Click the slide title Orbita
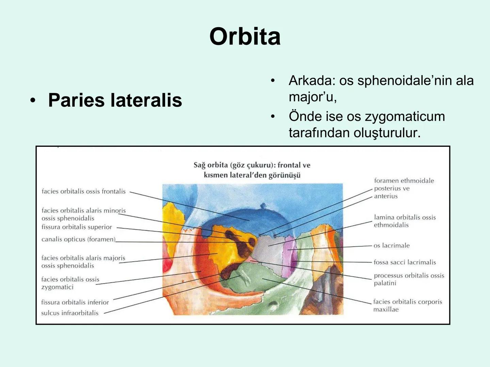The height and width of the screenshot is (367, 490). pyautogui.click(x=245, y=36)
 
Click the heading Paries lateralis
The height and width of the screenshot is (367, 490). pyautogui.click(x=115, y=100)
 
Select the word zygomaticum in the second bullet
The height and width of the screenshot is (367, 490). pyautogui.click(x=405, y=117)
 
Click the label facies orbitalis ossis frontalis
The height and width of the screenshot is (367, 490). pyautogui.click(x=83, y=192)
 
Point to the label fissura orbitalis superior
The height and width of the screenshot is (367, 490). pyautogui.click(x=77, y=227)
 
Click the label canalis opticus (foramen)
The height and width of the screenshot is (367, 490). pyautogui.click(x=78, y=240)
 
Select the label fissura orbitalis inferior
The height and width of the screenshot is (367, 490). pyautogui.click(x=75, y=302)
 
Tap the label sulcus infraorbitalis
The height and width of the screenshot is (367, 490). pyautogui.click(x=70, y=313)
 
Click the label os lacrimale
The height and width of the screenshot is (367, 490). pyautogui.click(x=391, y=246)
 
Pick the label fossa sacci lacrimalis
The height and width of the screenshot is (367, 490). pyautogui.click(x=405, y=262)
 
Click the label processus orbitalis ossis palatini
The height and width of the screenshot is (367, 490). pyautogui.click(x=409, y=279)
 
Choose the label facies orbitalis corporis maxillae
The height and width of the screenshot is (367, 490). pyautogui.click(x=407, y=305)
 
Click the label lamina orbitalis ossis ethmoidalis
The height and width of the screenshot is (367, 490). pyautogui.click(x=405, y=221)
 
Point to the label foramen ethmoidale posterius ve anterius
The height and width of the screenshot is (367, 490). pyautogui.click(x=404, y=188)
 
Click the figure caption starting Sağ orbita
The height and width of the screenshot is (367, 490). pyautogui.click(x=252, y=170)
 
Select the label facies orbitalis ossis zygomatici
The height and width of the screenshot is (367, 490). pyautogui.click(x=70, y=283)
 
